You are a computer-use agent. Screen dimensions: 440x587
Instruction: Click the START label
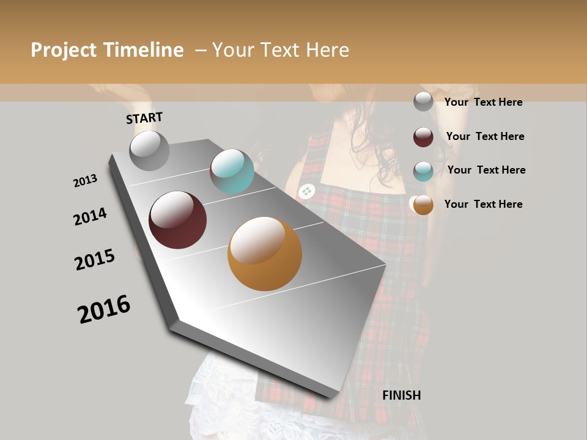pos(144,118)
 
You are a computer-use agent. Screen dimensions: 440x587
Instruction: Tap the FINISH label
pos(402,395)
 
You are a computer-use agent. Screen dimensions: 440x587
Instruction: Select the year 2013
pos(85,181)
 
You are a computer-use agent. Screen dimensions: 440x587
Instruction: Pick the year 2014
pos(90,216)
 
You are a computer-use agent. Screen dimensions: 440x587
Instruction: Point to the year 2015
pos(95,260)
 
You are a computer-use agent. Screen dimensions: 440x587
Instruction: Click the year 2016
pos(104,309)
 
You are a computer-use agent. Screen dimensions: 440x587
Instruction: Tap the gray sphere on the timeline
pos(149,150)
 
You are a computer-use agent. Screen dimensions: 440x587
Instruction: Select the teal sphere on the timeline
pos(232,171)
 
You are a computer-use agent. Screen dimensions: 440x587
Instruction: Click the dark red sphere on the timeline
pos(178,220)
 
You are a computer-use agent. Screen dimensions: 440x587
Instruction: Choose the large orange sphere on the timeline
pos(265,254)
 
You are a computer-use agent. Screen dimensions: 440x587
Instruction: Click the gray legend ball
pos(423,101)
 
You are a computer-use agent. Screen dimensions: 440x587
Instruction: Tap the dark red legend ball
pos(423,137)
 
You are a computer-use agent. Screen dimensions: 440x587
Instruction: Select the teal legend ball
pos(423,171)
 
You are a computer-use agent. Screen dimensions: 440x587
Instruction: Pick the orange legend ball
pos(423,205)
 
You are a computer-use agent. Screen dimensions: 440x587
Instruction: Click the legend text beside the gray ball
pos(483,102)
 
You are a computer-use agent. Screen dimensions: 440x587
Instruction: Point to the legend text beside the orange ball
pos(483,204)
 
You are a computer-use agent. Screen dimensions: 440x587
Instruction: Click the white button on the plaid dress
pos(306,191)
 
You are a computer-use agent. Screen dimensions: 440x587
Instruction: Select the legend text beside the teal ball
pos(486,170)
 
